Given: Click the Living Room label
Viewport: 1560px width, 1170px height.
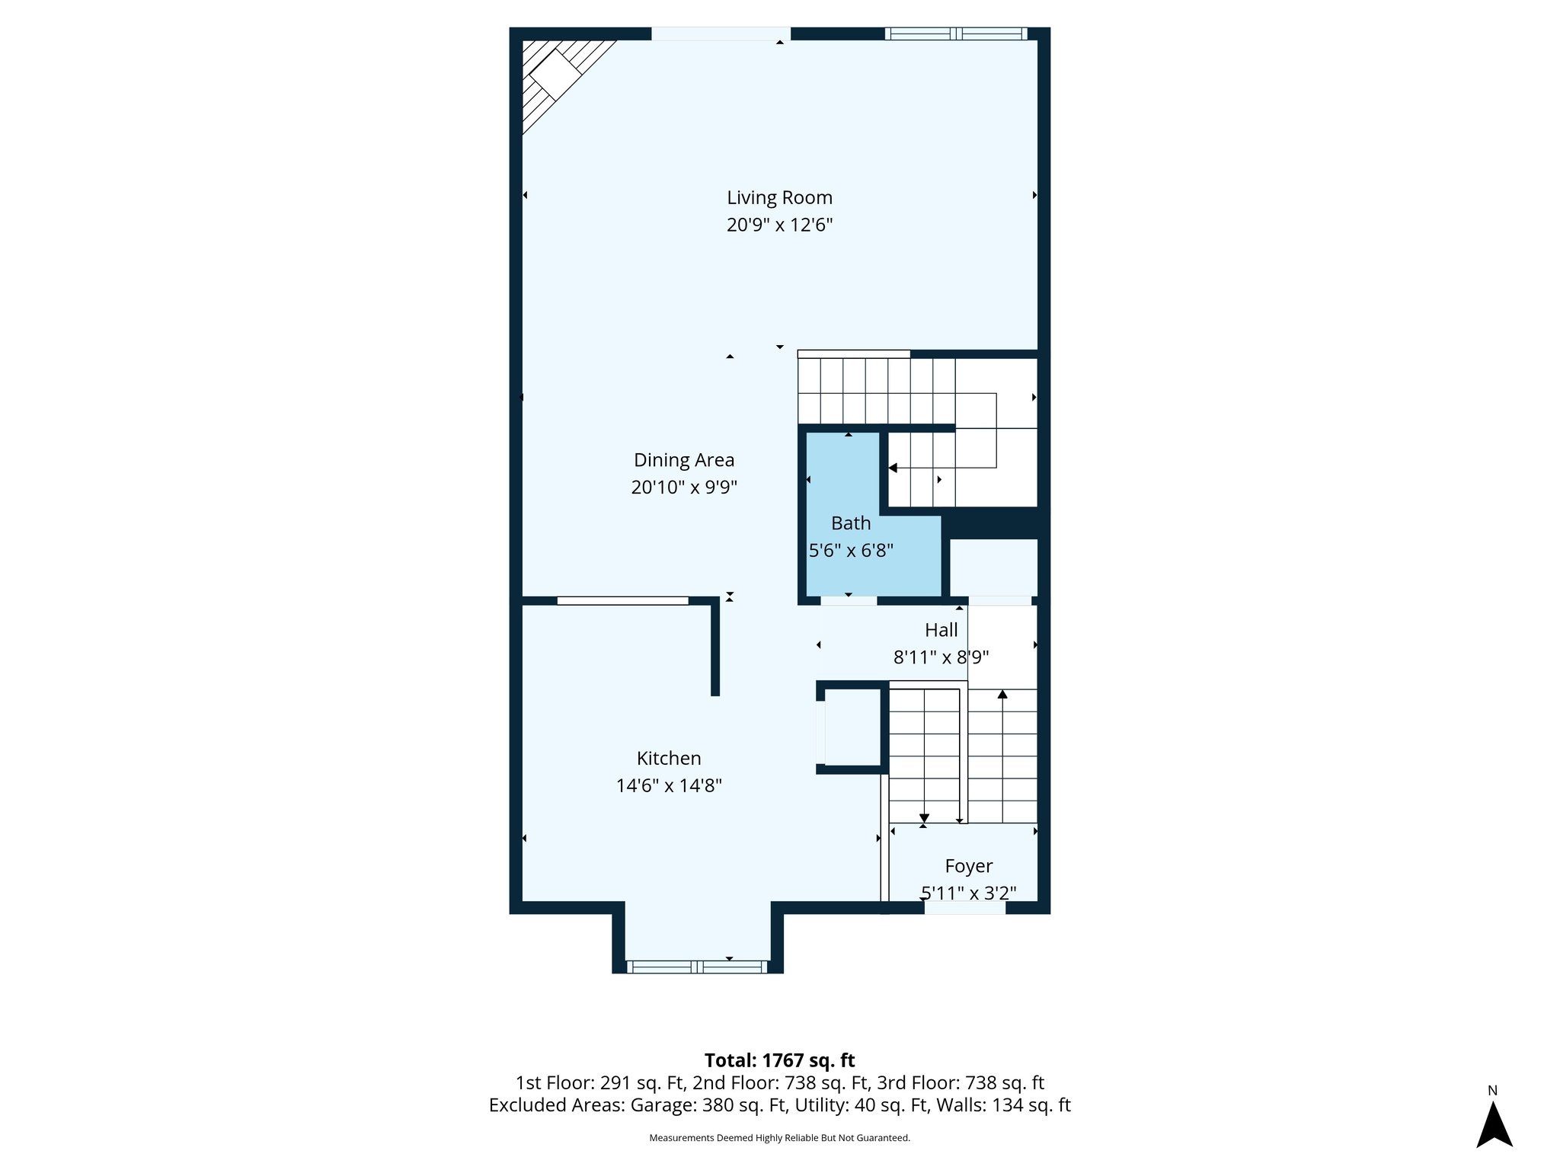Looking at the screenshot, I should pos(779,198).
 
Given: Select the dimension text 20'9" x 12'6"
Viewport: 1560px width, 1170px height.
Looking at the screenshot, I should pos(779,225).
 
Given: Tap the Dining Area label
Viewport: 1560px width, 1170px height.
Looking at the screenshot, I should pos(684,460).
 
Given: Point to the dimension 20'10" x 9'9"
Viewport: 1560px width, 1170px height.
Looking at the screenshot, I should pos(684,487).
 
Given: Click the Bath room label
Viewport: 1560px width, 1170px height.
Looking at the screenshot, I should pos(850,524).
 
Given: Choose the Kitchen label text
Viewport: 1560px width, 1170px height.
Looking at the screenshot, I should pos(669,759).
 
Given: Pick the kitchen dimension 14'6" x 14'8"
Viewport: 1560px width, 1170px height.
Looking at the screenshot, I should pos(669,785).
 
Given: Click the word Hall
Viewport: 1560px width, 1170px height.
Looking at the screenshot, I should pos(941,631).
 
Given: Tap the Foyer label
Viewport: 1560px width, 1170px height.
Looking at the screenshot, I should pos(968,866).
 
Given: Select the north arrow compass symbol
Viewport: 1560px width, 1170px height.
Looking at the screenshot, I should pos(1494,1125).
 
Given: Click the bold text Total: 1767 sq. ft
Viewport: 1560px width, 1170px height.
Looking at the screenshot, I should pos(779,1060).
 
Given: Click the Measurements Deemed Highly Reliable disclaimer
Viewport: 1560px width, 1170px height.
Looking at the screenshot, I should pos(779,1138).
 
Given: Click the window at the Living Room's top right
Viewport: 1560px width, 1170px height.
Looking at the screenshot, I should pos(955,34).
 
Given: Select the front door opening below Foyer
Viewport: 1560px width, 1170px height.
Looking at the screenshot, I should pos(964,907).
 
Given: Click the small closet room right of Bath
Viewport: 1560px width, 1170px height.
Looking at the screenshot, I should pos(993,567).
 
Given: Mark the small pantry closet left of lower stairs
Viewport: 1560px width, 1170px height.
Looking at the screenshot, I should pos(852,727).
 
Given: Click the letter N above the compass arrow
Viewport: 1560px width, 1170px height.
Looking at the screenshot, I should pos(1492,1091).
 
